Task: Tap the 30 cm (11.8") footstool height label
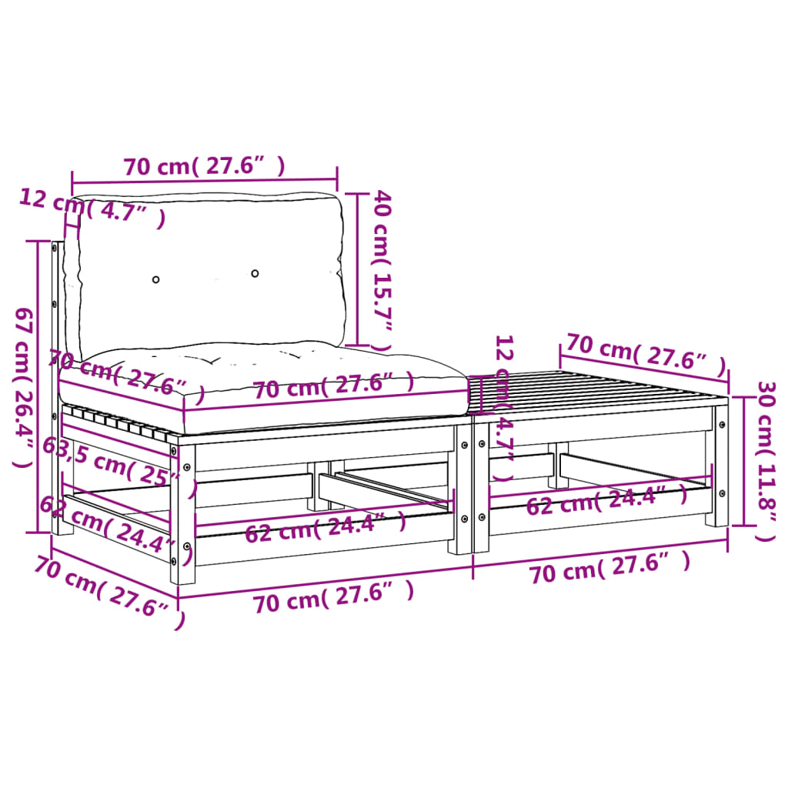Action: (x=765, y=460)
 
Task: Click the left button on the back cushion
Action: (x=156, y=279)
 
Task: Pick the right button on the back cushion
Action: (x=255, y=273)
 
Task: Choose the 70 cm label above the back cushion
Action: (x=204, y=165)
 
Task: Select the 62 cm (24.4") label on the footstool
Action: (x=607, y=501)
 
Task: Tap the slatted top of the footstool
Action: (x=600, y=389)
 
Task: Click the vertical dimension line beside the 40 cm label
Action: (x=358, y=269)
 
